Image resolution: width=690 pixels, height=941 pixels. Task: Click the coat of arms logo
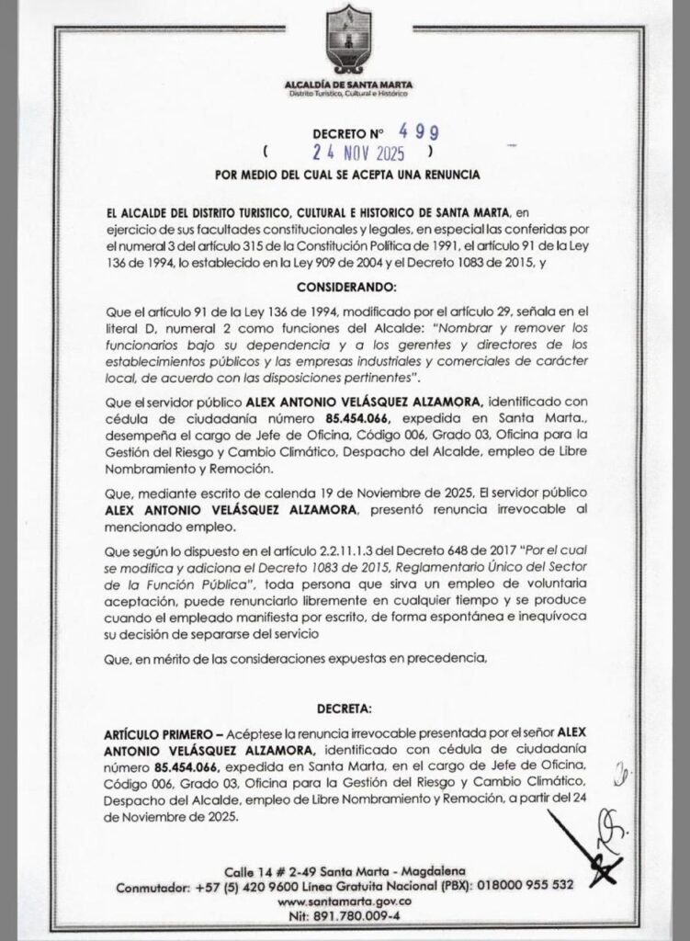click(347, 40)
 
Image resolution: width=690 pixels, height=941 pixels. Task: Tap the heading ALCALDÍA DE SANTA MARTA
click(346, 84)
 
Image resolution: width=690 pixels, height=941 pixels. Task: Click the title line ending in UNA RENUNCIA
click(346, 173)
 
